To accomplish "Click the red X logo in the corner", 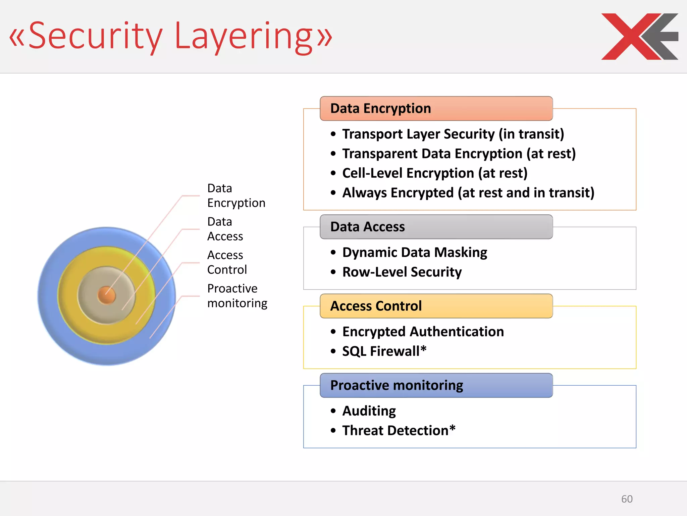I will click(x=639, y=37).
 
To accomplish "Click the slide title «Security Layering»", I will click(x=170, y=36).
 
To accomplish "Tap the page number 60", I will click(x=627, y=499).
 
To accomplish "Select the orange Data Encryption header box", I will click(x=436, y=109).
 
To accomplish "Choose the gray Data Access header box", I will click(x=436, y=227).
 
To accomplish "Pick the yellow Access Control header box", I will click(x=436, y=306).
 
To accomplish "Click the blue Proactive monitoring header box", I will click(x=436, y=385).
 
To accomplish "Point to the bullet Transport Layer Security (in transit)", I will click(x=453, y=134).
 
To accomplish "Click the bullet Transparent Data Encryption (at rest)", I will click(x=459, y=154).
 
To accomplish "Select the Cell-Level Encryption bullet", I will click(x=434, y=173).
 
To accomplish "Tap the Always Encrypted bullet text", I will click(x=468, y=193).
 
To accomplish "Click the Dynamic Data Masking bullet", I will click(x=414, y=252).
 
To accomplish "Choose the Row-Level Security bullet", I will click(x=402, y=272).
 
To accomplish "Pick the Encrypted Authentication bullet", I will click(x=423, y=332).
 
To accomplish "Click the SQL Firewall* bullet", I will click(x=384, y=351).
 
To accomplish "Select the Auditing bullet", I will click(x=369, y=411).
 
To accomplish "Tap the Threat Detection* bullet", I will click(x=399, y=430).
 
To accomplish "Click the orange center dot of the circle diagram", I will click(x=107, y=295).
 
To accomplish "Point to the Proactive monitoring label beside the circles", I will click(x=237, y=296).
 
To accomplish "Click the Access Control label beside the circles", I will click(x=227, y=262).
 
